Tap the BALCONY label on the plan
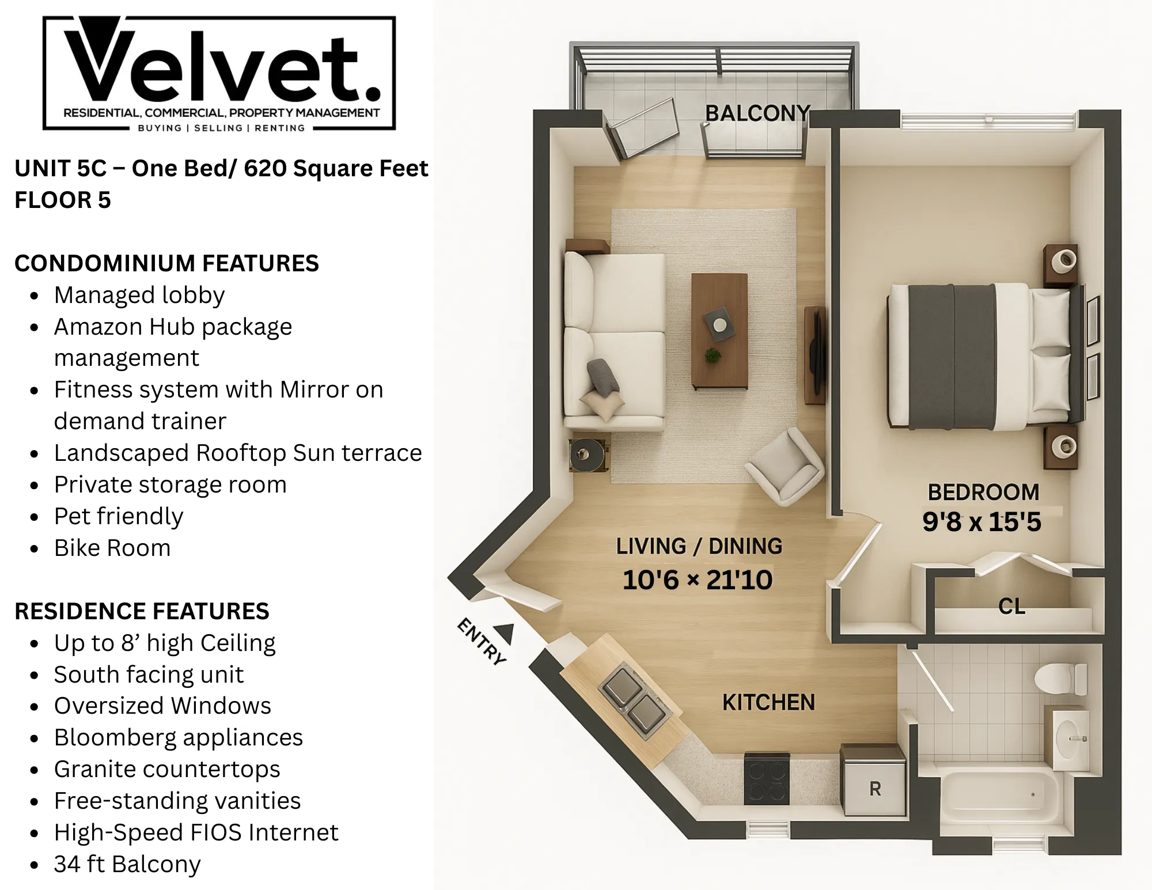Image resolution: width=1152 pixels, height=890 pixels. [757, 113]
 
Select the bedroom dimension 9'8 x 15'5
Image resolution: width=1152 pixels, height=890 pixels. [982, 522]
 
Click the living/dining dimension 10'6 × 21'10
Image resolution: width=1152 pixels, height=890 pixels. [698, 580]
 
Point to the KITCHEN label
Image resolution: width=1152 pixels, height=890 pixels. [768, 702]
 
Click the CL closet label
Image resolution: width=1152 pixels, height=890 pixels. [1011, 606]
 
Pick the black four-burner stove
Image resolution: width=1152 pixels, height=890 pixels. [766, 778]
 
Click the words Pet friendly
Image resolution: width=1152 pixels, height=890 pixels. [119, 516]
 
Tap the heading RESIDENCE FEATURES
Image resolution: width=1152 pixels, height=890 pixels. [142, 611]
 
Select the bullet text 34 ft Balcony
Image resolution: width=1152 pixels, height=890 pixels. [127, 864]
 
